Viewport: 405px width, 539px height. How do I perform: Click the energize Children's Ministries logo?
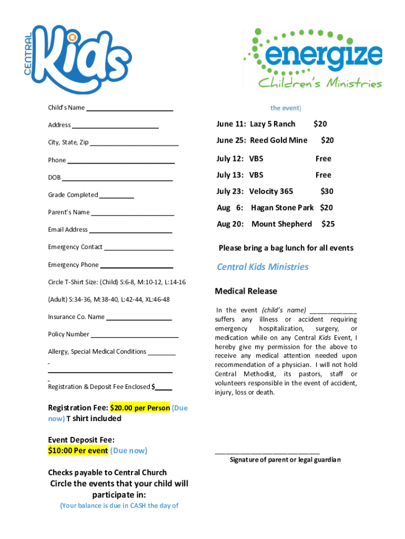[312, 58]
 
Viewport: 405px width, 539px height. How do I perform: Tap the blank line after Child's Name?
[129, 110]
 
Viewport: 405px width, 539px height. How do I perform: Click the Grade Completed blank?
[116, 197]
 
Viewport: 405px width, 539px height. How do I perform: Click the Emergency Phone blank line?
[136, 267]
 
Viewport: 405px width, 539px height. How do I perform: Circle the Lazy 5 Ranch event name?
[272, 124]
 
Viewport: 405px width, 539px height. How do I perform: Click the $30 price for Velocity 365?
[327, 191]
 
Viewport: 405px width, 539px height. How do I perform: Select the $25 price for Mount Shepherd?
[328, 224]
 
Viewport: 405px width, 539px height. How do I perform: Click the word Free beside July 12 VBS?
[323, 158]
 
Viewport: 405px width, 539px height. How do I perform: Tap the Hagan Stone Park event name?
[282, 207]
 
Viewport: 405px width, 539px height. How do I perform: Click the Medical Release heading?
[246, 291]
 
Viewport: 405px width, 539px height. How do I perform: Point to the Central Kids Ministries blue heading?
[262, 267]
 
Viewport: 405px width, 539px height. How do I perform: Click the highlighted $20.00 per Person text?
[140, 408]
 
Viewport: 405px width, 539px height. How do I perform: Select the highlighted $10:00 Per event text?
[78, 451]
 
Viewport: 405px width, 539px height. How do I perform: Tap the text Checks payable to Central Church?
[107, 472]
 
